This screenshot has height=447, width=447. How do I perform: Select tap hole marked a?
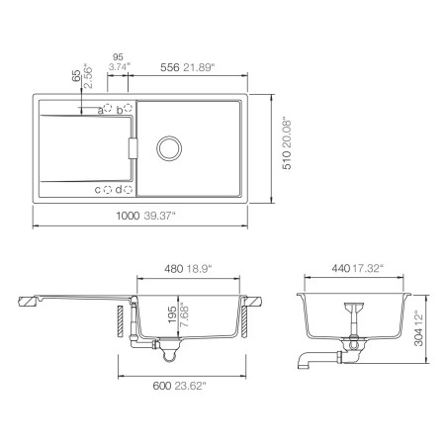(x=109, y=110)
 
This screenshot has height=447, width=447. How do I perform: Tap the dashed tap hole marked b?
(x=129, y=110)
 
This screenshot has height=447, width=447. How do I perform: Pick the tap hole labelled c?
(x=109, y=189)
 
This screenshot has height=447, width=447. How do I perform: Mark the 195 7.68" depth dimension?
(x=179, y=319)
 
